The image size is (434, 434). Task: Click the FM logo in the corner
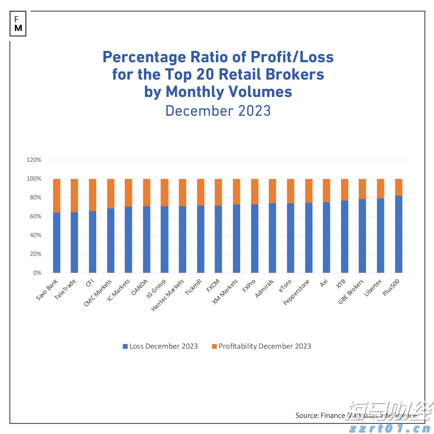pos(18,24)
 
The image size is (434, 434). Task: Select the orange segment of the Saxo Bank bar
pos(56,195)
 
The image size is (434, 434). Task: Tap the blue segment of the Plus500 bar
pos(399,234)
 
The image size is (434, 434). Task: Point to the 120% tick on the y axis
pos(34,160)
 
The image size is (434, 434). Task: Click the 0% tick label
pos(37,273)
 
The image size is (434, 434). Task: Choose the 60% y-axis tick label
pos(35,216)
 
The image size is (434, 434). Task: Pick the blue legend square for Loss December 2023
pos(125,346)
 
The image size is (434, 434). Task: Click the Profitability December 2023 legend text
pos(265,346)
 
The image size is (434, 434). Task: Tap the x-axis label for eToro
pos(285,286)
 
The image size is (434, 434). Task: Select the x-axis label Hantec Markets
pos(168,295)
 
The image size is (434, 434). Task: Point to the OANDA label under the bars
pos(140,287)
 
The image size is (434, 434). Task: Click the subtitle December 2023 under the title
pos(218,111)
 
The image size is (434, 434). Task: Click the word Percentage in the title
pos(139,57)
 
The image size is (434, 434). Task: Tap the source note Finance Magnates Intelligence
pos(356,416)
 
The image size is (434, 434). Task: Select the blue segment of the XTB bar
pos(345,237)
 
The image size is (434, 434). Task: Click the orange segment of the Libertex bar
pos(380,188)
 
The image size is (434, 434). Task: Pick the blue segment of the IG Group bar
pos(165,239)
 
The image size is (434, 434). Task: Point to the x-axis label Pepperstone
pos(297,292)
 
